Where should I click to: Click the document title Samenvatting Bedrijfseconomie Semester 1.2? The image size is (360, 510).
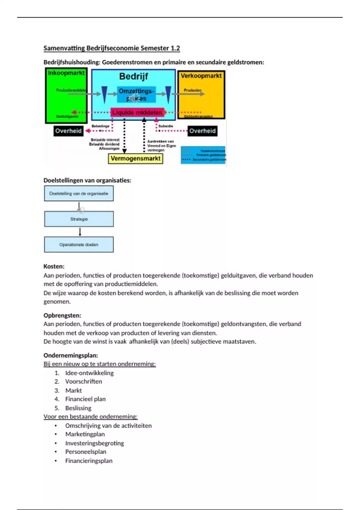click(112, 48)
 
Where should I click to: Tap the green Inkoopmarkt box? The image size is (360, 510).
click(66, 96)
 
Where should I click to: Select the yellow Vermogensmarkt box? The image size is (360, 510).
click(135, 159)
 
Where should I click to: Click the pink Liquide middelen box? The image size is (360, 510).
click(137, 112)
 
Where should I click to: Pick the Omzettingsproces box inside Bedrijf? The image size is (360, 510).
click(136, 94)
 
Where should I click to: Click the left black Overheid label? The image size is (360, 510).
click(68, 131)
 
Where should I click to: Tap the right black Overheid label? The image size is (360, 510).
click(202, 131)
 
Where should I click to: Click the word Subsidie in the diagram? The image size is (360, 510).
click(166, 126)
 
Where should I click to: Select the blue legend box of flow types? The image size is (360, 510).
click(203, 155)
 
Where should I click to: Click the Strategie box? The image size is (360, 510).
click(79, 219)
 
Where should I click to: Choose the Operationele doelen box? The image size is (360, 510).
click(79, 244)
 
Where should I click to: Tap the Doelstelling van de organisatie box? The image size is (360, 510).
click(79, 193)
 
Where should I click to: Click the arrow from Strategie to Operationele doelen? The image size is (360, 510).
click(80, 232)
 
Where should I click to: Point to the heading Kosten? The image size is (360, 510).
click(54, 266)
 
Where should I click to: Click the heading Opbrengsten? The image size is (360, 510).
click(62, 315)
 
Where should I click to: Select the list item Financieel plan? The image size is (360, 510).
click(85, 399)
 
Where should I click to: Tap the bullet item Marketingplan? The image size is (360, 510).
click(85, 434)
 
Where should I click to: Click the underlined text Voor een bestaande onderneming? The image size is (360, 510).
click(91, 416)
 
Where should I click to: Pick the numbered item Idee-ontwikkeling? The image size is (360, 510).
click(89, 373)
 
